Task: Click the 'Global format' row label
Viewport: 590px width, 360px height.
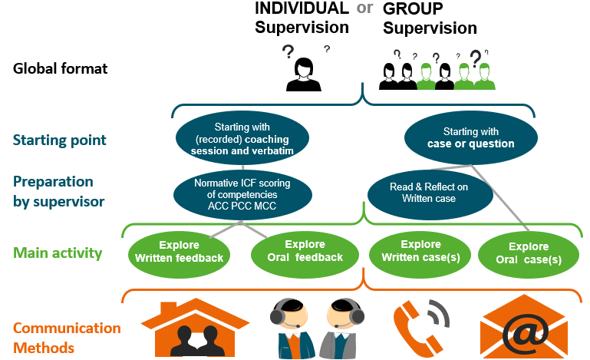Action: pyautogui.click(x=61, y=69)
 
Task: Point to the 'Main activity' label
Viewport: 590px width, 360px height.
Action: pyautogui.click(x=58, y=253)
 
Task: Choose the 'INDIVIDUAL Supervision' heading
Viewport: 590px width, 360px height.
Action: pyautogui.click(x=302, y=18)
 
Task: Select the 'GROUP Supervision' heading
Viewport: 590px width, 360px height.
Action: pyautogui.click(x=430, y=19)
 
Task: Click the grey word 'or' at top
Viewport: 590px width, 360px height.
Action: pyautogui.click(x=366, y=8)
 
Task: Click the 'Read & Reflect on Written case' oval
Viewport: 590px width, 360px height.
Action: pyautogui.click(x=418, y=193)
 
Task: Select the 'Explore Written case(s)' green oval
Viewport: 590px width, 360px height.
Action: pyautogui.click(x=420, y=252)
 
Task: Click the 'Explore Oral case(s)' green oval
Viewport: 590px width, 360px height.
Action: pyautogui.click(x=529, y=253)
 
